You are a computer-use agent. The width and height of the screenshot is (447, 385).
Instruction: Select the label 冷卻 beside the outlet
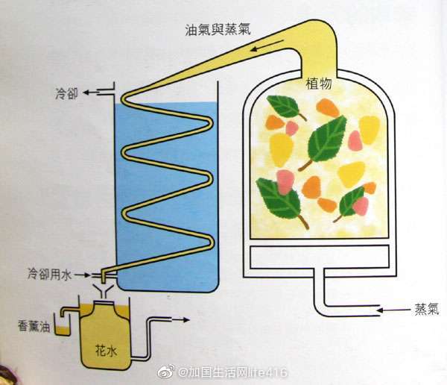pos(65,93)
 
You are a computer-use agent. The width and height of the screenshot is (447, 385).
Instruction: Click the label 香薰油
pos(34,326)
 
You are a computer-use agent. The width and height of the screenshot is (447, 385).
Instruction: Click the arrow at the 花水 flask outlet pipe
pos(180,319)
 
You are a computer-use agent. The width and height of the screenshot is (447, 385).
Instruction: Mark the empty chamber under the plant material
pos(320,258)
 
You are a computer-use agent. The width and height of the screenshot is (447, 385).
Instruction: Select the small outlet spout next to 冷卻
pos(106,91)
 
